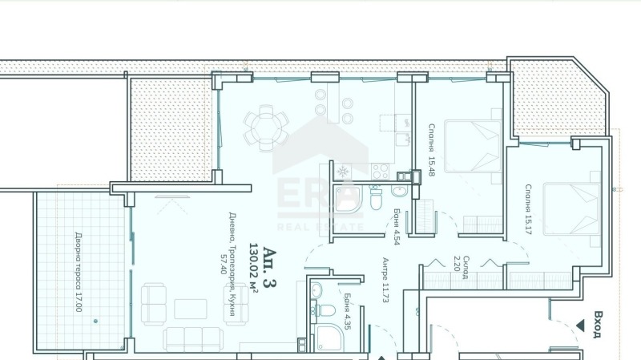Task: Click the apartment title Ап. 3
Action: tap(269, 267)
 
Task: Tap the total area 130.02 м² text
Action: tap(253, 268)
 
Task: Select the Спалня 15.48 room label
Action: tap(432, 150)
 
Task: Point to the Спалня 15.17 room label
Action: tap(528, 209)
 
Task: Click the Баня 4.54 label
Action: tap(397, 226)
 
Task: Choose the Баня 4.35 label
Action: tap(347, 311)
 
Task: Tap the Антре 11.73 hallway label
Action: tap(385, 280)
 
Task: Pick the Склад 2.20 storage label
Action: tap(462, 268)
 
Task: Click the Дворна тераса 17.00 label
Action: tap(79, 272)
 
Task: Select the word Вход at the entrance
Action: tap(597, 325)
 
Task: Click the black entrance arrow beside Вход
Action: tap(579, 326)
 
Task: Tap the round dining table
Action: tap(266, 127)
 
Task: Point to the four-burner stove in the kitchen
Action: tap(381, 172)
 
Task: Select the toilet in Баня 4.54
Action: tap(376, 198)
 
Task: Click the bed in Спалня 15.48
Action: tap(474, 146)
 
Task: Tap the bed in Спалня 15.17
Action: tap(572, 209)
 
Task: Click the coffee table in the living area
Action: tap(191, 309)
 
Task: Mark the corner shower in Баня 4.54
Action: tap(349, 200)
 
